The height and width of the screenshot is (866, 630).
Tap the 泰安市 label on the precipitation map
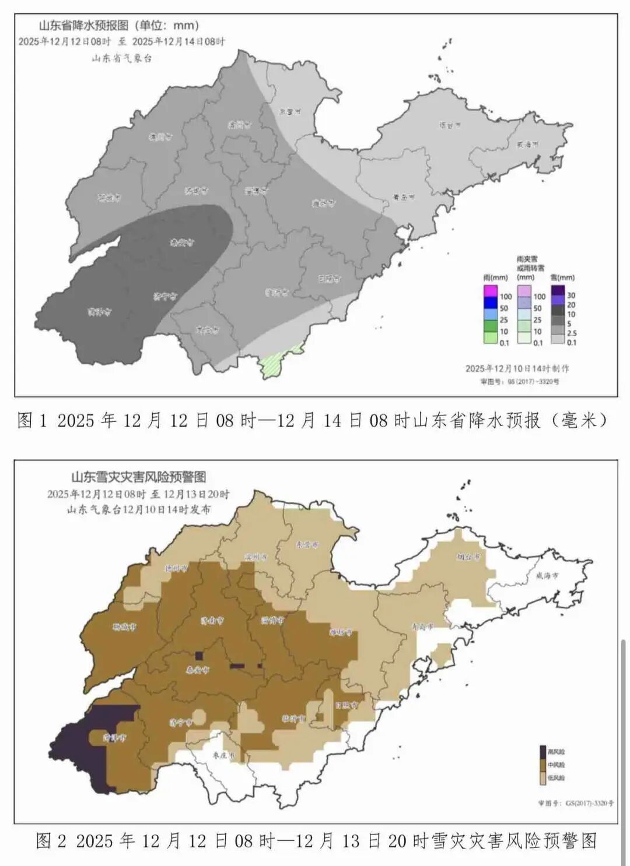click(182, 242)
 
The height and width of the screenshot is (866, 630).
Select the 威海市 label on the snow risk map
click(547, 575)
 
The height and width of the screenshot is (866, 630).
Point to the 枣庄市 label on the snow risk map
click(223, 755)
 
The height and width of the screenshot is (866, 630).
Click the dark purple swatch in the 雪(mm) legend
click(558, 290)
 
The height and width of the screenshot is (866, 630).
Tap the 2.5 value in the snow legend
click(572, 333)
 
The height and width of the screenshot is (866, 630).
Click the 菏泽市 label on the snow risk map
click(114, 737)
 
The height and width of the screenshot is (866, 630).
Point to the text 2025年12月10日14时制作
click(517, 368)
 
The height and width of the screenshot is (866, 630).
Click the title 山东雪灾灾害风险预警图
click(139, 477)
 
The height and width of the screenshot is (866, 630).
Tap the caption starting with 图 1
click(313, 420)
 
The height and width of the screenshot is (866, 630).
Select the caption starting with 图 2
click(316, 840)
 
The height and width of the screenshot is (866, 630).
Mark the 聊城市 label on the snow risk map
click(124, 627)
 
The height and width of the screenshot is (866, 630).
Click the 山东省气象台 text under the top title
click(121, 58)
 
